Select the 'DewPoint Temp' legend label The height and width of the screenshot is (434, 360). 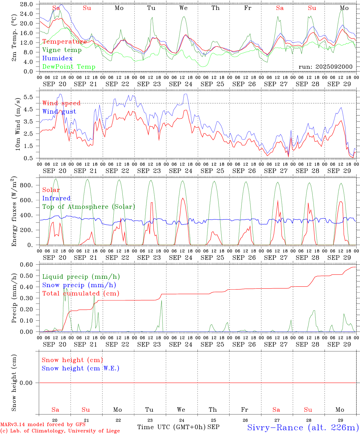click(69, 67)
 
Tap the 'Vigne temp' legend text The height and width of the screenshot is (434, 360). click(62, 50)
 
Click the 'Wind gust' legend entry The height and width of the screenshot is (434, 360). click(59, 112)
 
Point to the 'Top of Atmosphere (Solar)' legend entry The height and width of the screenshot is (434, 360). click(89, 207)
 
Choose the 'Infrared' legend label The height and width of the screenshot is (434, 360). click(56, 198)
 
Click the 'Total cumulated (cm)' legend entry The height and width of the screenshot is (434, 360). click(81, 293)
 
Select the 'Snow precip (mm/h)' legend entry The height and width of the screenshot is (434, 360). click(79, 285)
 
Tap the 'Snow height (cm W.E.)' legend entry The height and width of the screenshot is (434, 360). click(81, 368)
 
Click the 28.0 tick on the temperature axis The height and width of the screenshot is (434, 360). click(27, 4)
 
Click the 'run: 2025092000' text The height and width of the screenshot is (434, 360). click(325, 67)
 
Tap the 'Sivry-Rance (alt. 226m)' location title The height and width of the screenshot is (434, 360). click(303, 427)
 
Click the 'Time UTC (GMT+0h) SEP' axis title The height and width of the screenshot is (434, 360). click(178, 427)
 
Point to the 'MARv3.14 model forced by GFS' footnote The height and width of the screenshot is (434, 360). click(43, 425)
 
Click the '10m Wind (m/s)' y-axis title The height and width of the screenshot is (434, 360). click(18, 124)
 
